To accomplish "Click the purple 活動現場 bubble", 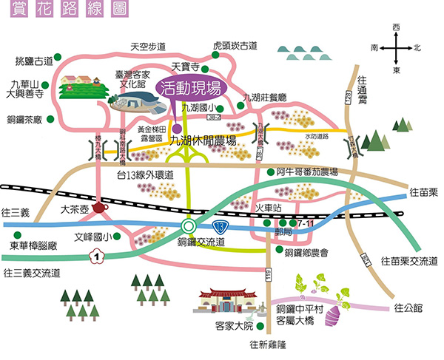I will [x=191, y=89].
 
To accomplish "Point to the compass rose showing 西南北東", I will [x=397, y=48].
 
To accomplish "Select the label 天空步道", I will [x=148, y=46].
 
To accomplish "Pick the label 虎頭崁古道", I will [x=235, y=46].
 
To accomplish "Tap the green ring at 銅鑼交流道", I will [x=189, y=225].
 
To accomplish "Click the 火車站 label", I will [x=268, y=208].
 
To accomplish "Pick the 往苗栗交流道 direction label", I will [x=409, y=261].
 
